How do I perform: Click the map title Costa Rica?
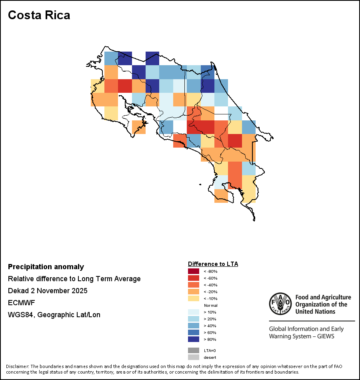pyautogui.click(x=39, y=15)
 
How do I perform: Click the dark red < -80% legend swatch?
pyautogui.click(x=193, y=272)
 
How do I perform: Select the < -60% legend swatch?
pyautogui.click(x=193, y=278)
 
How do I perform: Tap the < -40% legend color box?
pyautogui.click(x=193, y=285)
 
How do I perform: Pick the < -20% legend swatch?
pyautogui.click(x=193, y=292)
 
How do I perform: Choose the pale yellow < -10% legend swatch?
pyautogui.click(x=193, y=298)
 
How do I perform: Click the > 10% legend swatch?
pyautogui.click(x=193, y=312)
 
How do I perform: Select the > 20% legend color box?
pyautogui.click(x=193, y=319)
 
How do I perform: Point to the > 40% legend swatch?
pyautogui.click(x=193, y=326)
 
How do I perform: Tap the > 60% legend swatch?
pyautogui.click(x=193, y=332)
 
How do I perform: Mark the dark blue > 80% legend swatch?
pyautogui.click(x=193, y=339)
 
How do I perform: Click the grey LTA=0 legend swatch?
pyautogui.click(x=193, y=350)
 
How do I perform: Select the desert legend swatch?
pyautogui.click(x=193, y=357)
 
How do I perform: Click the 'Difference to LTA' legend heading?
pyautogui.click(x=213, y=264)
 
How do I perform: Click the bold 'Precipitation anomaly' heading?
pyautogui.click(x=46, y=267)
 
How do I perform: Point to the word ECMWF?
pyautogui.click(x=20, y=303)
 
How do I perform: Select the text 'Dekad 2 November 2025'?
pyautogui.click(x=48, y=291)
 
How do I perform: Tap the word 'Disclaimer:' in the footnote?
pyautogui.click(x=17, y=366)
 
